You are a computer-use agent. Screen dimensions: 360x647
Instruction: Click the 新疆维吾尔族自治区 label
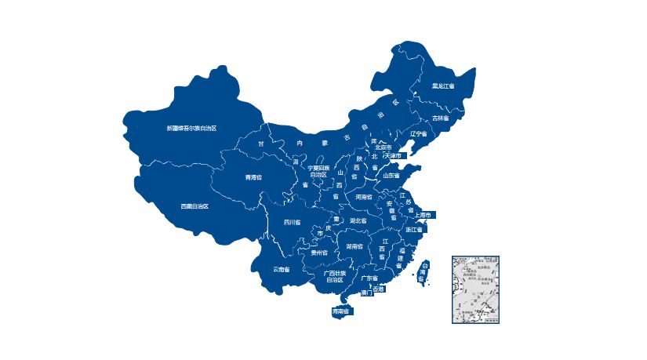(191, 128)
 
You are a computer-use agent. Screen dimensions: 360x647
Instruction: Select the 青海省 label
(253, 177)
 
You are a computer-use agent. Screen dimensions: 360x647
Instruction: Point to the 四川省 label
(293, 222)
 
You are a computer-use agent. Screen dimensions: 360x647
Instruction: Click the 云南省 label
(282, 269)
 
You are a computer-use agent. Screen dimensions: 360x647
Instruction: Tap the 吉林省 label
(441, 118)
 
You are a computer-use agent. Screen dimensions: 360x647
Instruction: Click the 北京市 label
(383, 147)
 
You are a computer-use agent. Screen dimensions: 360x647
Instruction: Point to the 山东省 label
(390, 175)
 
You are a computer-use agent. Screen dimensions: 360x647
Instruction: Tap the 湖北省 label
(358, 220)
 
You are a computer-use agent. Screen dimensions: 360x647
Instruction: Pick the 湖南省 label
(354, 246)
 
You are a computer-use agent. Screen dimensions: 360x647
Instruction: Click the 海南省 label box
(340, 312)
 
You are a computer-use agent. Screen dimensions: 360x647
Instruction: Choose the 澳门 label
(365, 293)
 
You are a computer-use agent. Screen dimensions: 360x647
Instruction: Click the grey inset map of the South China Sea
(475, 289)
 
